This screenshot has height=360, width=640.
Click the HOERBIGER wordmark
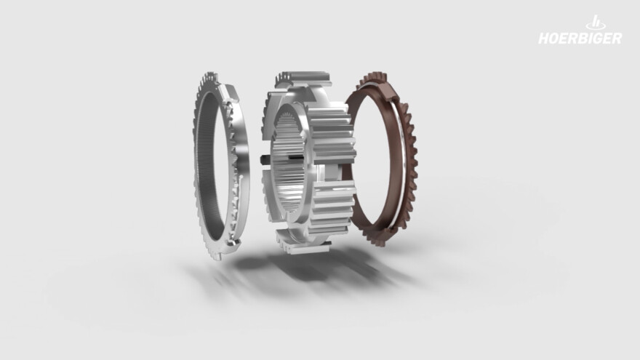[580, 38]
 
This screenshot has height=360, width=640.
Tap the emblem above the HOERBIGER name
[596, 23]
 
